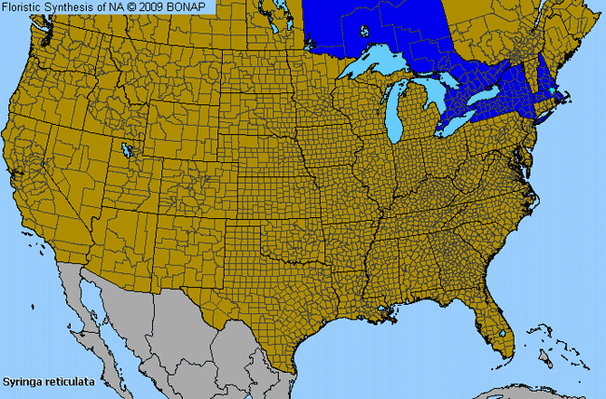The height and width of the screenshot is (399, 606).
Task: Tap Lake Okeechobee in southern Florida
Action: click(x=502, y=327)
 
